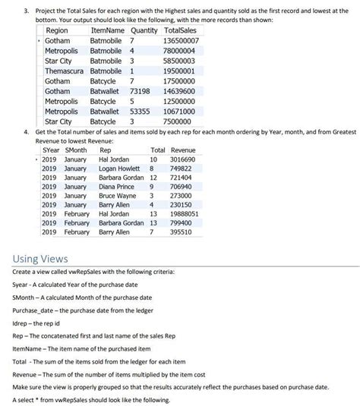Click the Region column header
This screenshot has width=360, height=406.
point(57,30)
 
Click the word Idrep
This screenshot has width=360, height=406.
point(23,321)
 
